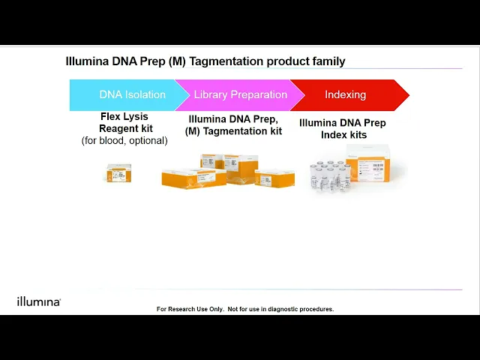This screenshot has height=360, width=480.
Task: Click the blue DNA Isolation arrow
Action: [x=124, y=95]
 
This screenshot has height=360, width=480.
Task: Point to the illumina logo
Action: [x=38, y=301]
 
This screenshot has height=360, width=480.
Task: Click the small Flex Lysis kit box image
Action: [x=118, y=174]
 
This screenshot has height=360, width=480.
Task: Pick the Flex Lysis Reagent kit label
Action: [x=124, y=123]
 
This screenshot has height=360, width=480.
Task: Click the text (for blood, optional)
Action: [x=124, y=141]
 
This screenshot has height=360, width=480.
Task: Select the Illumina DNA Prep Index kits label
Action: [x=343, y=129]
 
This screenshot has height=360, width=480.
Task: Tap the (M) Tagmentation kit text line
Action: [x=234, y=131]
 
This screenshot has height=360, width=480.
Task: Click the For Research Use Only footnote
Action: [x=245, y=309]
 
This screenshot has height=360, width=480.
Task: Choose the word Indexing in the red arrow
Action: [x=345, y=95]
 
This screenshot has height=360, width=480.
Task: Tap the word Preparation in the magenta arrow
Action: [x=258, y=95]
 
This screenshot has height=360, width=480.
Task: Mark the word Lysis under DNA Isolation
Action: [x=136, y=117]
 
